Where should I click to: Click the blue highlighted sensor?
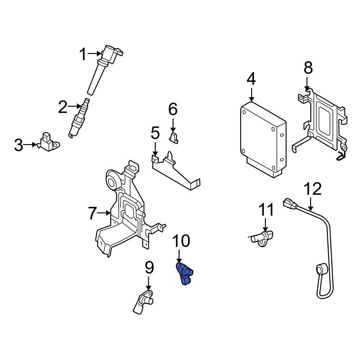coord(184,274)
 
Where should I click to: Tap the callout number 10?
coord(181,241)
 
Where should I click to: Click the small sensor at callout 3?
coord(49,142)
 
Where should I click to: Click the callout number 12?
coord(312,189)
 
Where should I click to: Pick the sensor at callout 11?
coord(262,238)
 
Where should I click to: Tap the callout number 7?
coord(92,213)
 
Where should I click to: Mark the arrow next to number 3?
coord(30,145)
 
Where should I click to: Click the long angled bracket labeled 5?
coord(175,171)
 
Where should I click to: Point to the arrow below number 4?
coord(252,95)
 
